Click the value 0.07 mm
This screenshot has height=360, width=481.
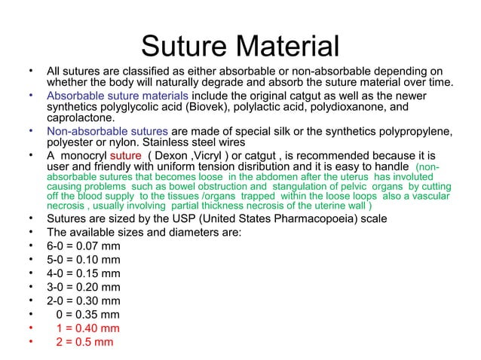pyautogui.click(x=98, y=246)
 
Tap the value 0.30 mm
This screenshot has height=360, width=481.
pyautogui.click(x=98, y=301)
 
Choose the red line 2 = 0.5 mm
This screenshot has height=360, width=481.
pyautogui.click(x=83, y=342)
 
